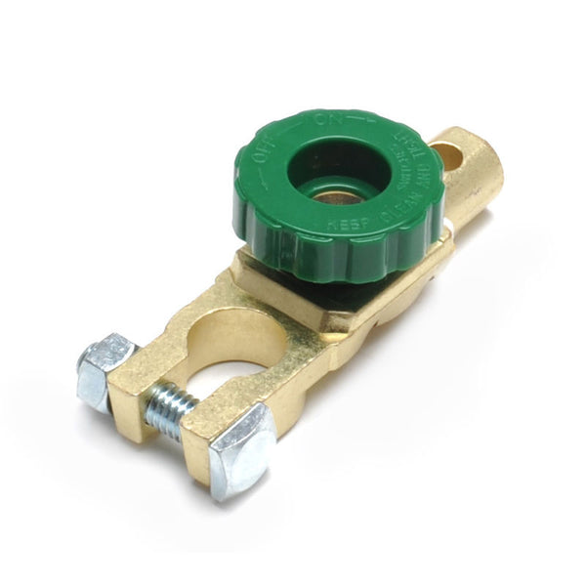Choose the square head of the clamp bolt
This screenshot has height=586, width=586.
[x=239, y=448]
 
